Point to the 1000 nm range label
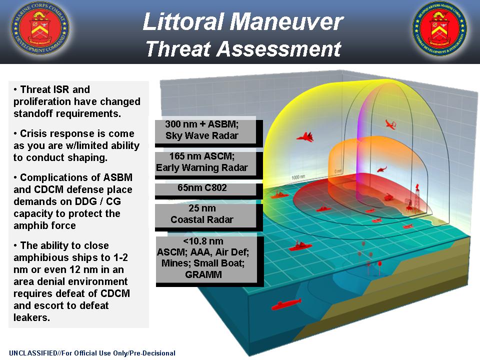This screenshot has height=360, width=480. click(x=298, y=177)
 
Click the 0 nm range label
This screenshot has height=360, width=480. click(x=338, y=171)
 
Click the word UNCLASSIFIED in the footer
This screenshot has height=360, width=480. click(x=33, y=353)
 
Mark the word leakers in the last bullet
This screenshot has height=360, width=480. click(x=31, y=317)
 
